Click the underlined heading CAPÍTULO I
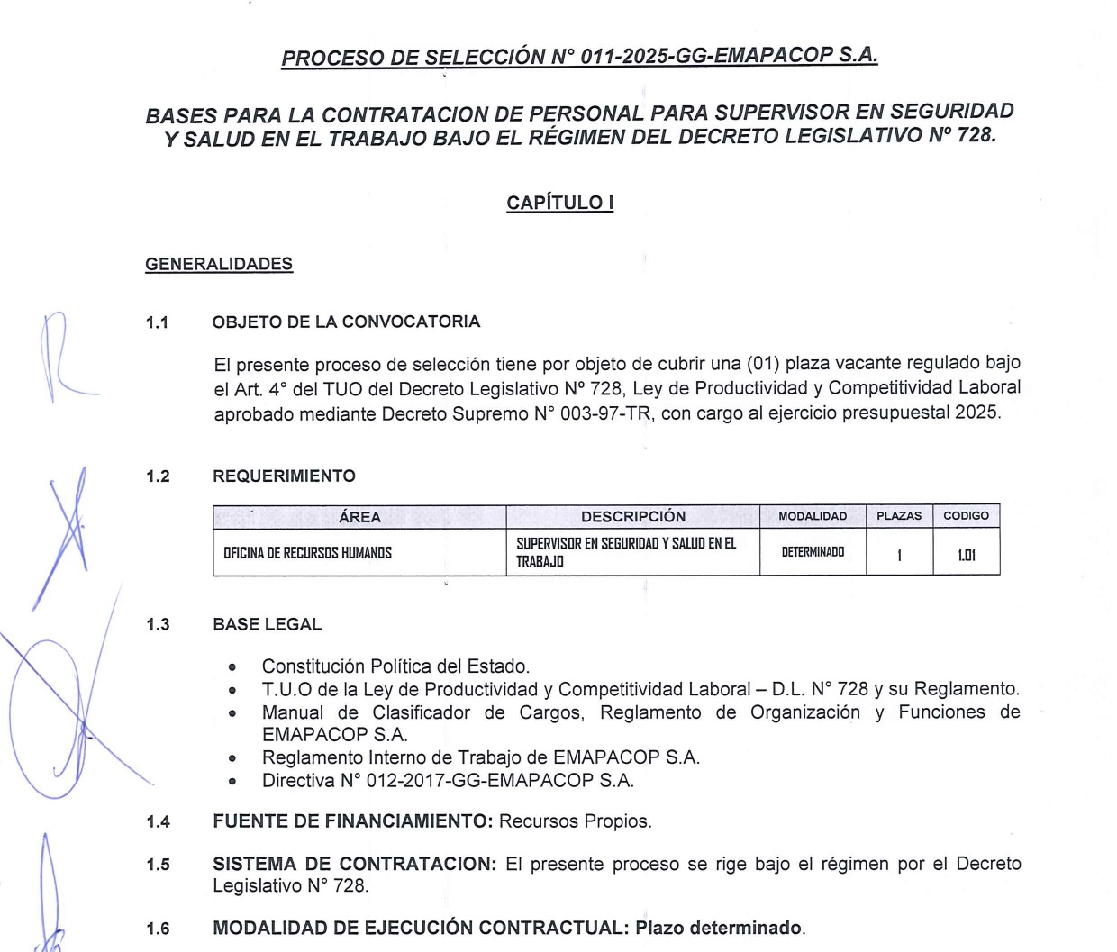(x=559, y=203)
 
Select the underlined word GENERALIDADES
(x=219, y=264)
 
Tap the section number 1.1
(x=158, y=322)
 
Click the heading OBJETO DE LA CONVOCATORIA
(x=346, y=322)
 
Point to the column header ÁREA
(x=359, y=517)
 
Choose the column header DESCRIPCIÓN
(x=632, y=517)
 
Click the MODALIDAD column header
(x=813, y=516)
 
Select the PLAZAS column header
(x=899, y=516)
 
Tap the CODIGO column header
(x=966, y=516)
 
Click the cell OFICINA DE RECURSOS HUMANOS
(x=308, y=553)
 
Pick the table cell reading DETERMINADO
(x=813, y=552)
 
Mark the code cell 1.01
(x=966, y=555)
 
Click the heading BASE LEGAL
(x=267, y=624)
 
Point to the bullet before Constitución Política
(x=232, y=668)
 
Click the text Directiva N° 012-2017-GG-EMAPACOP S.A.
(x=448, y=780)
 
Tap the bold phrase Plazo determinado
(x=718, y=928)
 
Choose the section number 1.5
(x=158, y=865)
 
